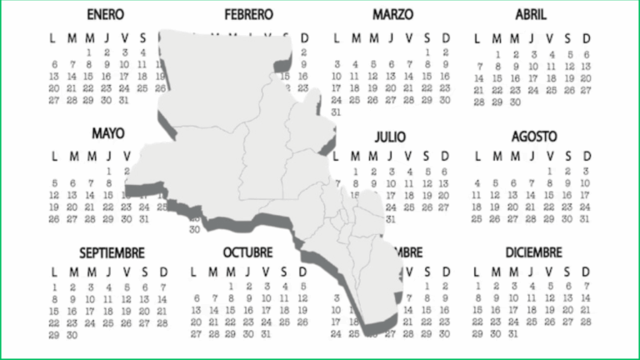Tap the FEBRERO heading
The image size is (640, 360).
click(x=248, y=15)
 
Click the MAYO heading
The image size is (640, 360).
click(x=108, y=133)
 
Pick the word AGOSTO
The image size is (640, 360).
click(x=534, y=134)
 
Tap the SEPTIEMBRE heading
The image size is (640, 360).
click(x=112, y=252)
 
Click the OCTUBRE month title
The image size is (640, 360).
click(x=247, y=252)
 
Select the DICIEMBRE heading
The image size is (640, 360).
click(x=533, y=252)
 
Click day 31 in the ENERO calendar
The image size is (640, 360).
click(x=125, y=100)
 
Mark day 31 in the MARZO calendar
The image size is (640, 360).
click(x=337, y=112)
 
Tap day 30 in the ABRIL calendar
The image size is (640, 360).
click(x=515, y=102)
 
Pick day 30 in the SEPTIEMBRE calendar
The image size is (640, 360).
click(x=72, y=334)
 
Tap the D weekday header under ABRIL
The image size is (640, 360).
click(x=587, y=38)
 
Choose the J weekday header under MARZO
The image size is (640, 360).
click(x=390, y=38)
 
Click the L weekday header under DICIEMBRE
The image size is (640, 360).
click(x=477, y=272)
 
